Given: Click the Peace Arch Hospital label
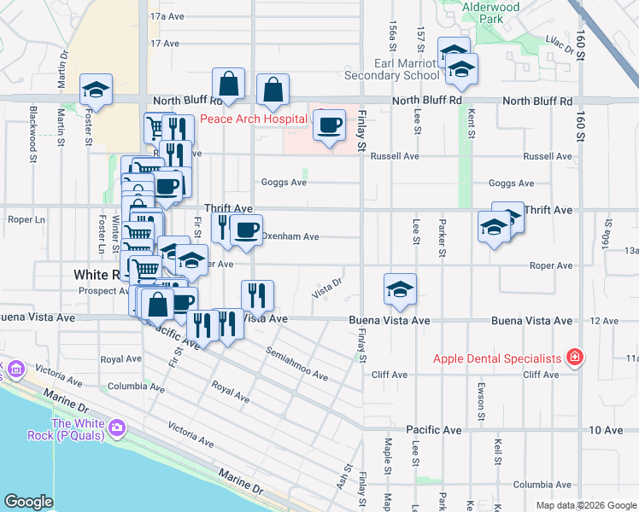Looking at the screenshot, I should pos(253,119).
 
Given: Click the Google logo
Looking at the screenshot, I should pos(28,502).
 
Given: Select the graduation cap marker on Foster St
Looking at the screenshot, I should pos(97,90).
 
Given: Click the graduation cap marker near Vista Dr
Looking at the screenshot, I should pos(399,290).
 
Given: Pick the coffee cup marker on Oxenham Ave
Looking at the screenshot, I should pos(246,230).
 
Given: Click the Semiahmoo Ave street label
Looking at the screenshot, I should pos(296,363).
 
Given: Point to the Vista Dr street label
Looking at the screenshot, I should pos(327,287).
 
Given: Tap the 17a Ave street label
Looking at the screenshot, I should pos(167,16).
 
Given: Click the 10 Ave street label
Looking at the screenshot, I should pos(607,429).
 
